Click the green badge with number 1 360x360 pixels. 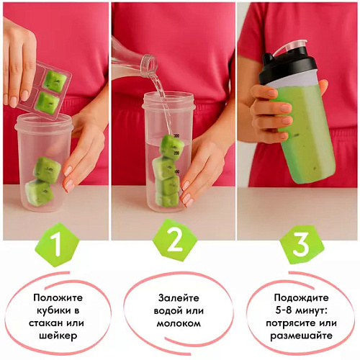pyautogui.click(x=58, y=245)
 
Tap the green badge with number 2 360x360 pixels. pyautogui.click(x=175, y=240)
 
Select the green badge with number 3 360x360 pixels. pyautogui.click(x=301, y=244)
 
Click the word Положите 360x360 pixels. pyautogui.click(x=58, y=298)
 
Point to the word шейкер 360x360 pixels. pyautogui.click(x=58, y=336)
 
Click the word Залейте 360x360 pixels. pyautogui.click(x=179, y=298)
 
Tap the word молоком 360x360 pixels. pyautogui.click(x=179, y=323)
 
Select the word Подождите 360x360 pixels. pyautogui.click(x=301, y=298)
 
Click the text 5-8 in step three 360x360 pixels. pyautogui.click(x=284, y=311)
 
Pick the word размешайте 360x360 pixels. pyautogui.click(x=301, y=336)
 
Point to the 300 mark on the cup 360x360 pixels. pyautogui.click(x=176, y=136)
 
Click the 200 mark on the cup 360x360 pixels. pyautogui.click(x=177, y=153)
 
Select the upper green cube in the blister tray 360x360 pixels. pyautogui.click(x=55, y=81)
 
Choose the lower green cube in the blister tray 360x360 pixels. pyautogui.click(x=47, y=103)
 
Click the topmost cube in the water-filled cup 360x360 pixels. pyautogui.click(x=171, y=146)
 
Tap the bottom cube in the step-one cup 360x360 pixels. pyautogui.click(x=39, y=192)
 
